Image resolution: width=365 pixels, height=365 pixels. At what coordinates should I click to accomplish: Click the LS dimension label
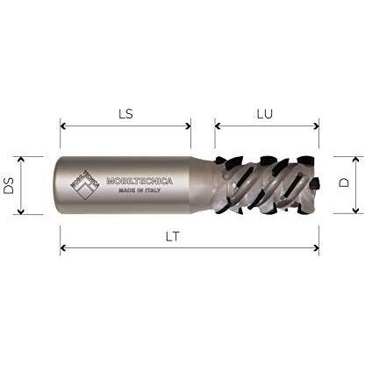point(125,114)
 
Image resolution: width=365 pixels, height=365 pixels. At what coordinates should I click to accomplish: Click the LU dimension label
point(265,114)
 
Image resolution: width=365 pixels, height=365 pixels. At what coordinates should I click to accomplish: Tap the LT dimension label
point(173,236)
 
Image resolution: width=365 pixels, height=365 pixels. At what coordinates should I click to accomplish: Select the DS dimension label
point(9,185)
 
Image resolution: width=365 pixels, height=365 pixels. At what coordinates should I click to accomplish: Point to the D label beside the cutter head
point(344,182)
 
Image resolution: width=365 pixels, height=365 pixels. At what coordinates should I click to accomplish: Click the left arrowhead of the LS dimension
point(62,126)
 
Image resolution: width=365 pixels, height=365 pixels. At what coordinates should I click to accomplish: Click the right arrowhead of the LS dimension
point(188,126)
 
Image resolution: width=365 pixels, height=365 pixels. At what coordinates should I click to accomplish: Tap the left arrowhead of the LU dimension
point(218,126)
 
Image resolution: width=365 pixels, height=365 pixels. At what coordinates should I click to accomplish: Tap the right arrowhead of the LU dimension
point(316,126)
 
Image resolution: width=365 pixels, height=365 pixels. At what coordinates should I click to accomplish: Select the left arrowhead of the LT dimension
point(62,248)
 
